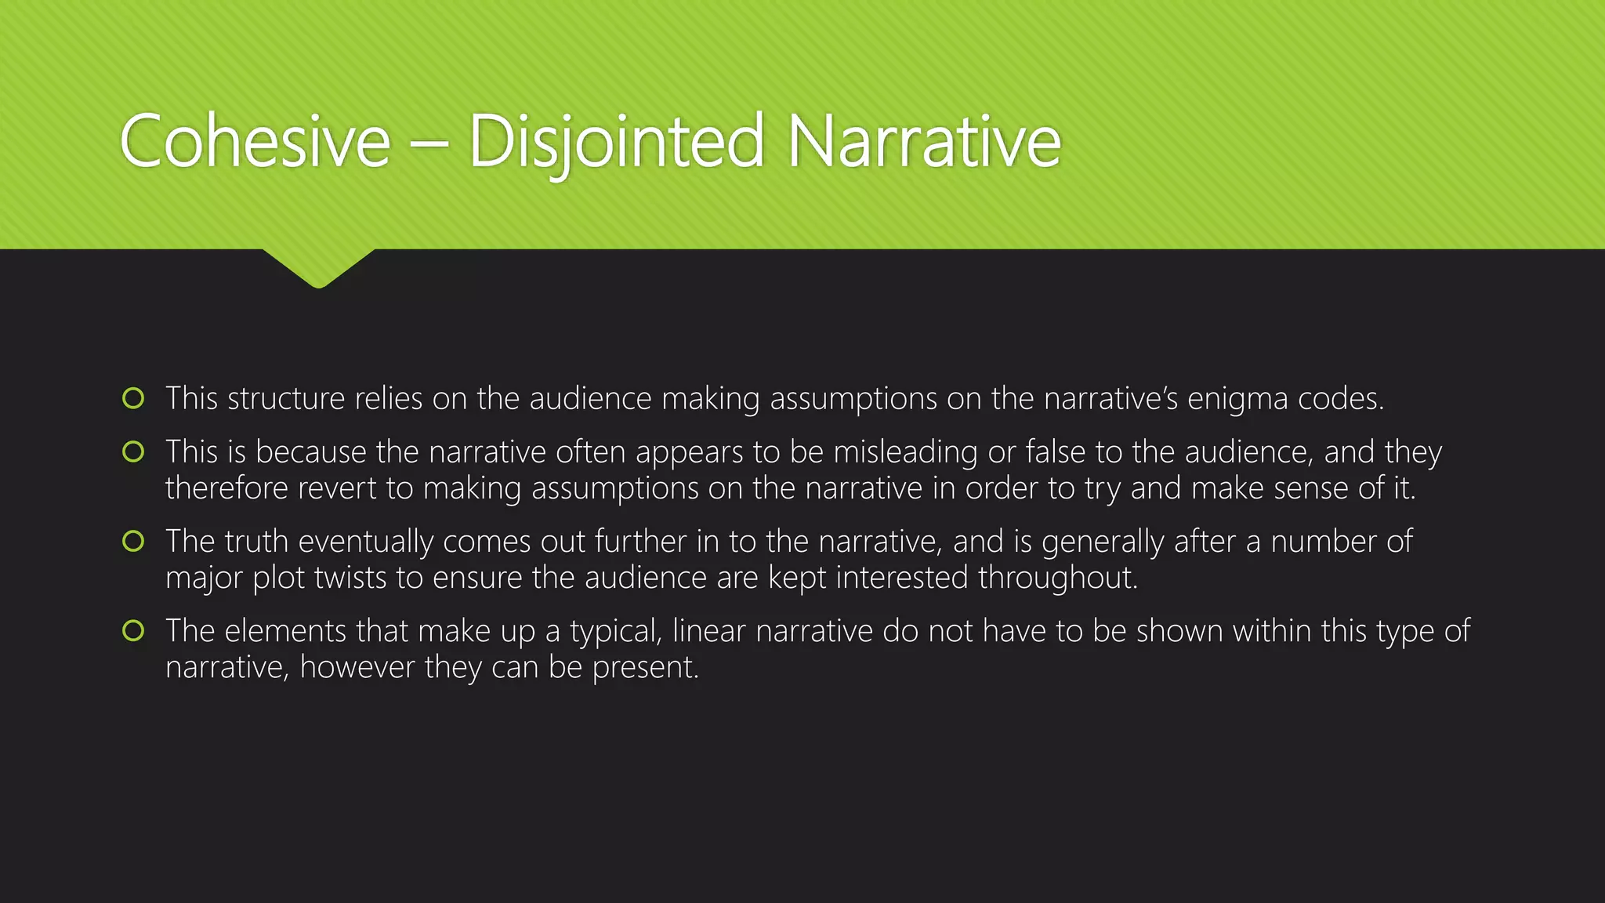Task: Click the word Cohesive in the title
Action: pyautogui.click(x=255, y=142)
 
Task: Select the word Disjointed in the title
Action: pyautogui.click(x=616, y=142)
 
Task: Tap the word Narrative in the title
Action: pyautogui.click(x=924, y=142)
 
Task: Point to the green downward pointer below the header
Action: pyautogui.click(x=319, y=267)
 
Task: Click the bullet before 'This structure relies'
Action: pyautogui.click(x=134, y=398)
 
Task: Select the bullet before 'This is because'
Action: pyautogui.click(x=134, y=451)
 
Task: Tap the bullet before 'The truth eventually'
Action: pyautogui.click(x=134, y=541)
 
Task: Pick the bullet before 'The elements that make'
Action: pyautogui.click(x=134, y=630)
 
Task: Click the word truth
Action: pyautogui.click(x=256, y=542)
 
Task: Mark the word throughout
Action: pyautogui.click(x=1057, y=578)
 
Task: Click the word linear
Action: pyautogui.click(x=708, y=631)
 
